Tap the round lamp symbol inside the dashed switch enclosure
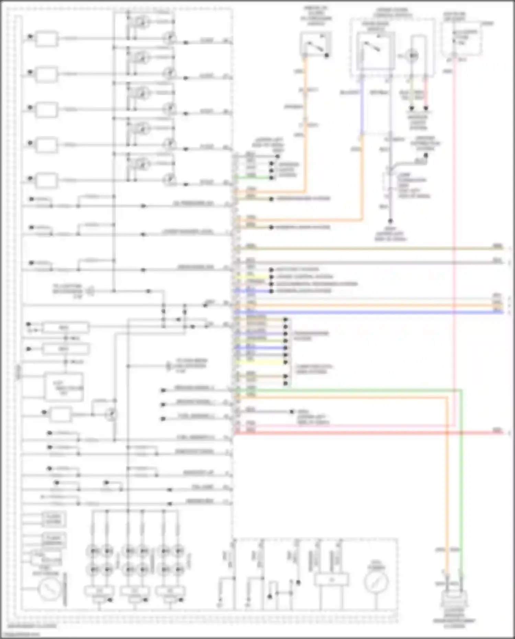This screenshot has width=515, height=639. (412, 55)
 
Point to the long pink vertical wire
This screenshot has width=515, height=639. (454, 240)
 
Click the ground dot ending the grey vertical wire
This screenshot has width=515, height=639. (390, 221)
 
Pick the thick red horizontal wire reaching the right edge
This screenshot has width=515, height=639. (378, 433)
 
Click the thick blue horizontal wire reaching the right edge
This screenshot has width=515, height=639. (378, 312)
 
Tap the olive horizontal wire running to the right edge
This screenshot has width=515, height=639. (378, 248)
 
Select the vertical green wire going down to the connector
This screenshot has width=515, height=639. (461, 481)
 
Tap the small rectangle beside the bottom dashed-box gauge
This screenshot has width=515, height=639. (331, 580)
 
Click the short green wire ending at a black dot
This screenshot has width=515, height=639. (254, 178)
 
